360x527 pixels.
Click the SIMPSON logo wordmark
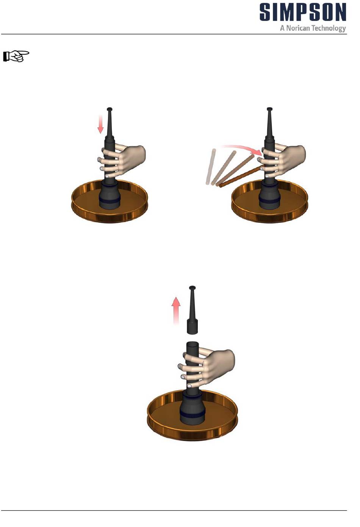tap(303, 12)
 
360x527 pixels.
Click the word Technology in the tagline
tap(329, 28)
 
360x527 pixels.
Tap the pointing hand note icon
tap(16, 56)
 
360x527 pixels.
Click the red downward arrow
tap(100, 124)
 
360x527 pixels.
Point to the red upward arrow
tap(176, 311)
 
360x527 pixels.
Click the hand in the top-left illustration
tap(122, 161)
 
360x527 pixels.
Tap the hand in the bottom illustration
tap(207, 368)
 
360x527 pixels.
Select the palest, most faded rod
tap(210, 166)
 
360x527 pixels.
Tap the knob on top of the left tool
tap(110, 109)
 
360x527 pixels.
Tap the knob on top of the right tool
tap(270, 109)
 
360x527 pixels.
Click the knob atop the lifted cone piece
tap(192, 288)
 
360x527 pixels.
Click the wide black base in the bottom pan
tap(192, 410)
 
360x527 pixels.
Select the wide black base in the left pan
tap(110, 196)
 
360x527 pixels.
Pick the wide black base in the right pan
tap(270, 196)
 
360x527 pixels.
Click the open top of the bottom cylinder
tap(192, 344)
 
